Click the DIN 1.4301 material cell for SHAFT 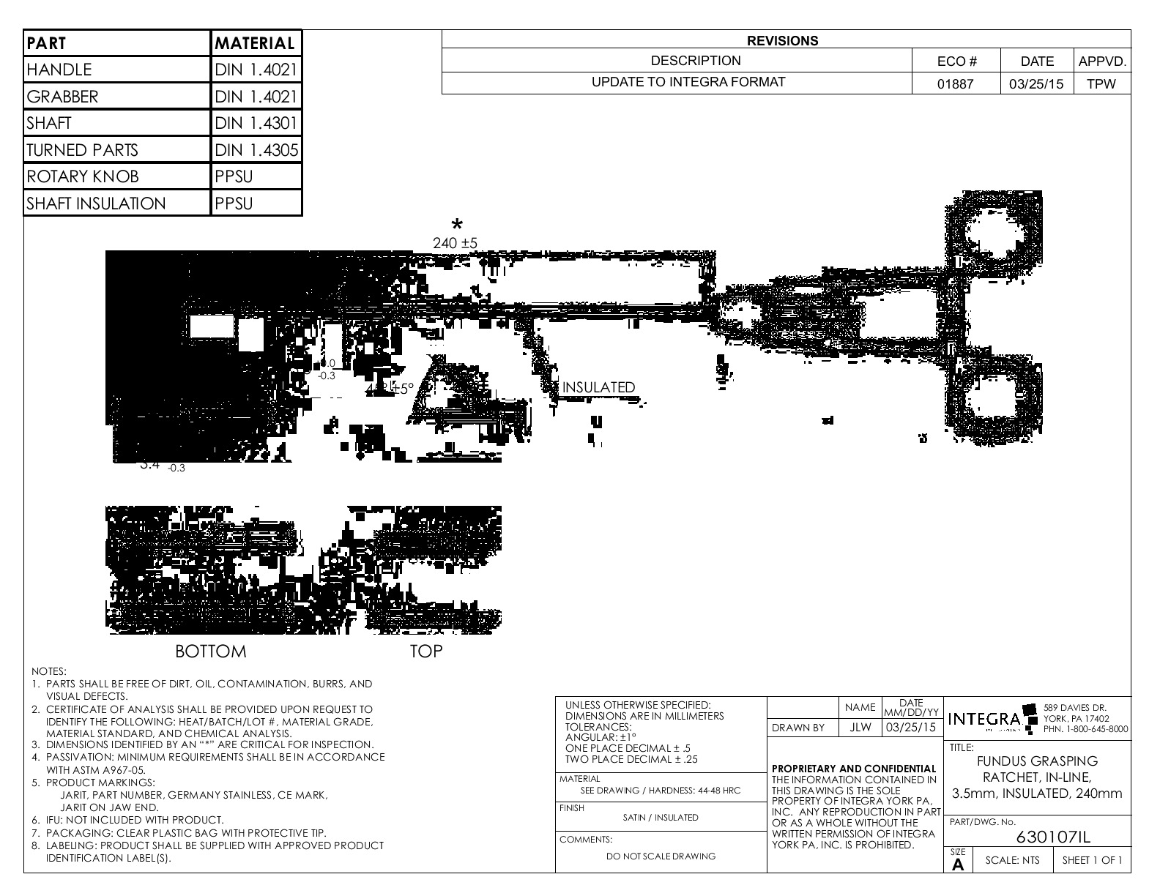[256, 123]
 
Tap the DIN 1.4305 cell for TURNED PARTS [256, 150]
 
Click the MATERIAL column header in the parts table [255, 43]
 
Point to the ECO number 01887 [956, 83]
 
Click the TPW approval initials [1101, 83]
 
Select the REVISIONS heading [783, 41]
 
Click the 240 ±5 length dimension [455, 242]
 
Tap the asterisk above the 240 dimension [457, 225]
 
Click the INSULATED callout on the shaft [598, 387]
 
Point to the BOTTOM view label [211, 651]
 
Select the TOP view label [425, 651]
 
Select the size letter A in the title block [958, 865]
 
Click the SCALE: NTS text [1012, 860]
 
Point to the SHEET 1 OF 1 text [1092, 860]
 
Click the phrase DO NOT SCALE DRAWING [661, 856]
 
